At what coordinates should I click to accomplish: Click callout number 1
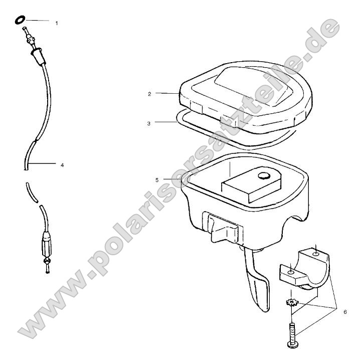[x=57, y=23]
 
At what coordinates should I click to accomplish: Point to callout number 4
[x=62, y=164]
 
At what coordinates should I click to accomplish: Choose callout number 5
[x=157, y=178]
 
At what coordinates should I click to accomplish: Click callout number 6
[x=345, y=311]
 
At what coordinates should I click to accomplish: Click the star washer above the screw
[x=291, y=303]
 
